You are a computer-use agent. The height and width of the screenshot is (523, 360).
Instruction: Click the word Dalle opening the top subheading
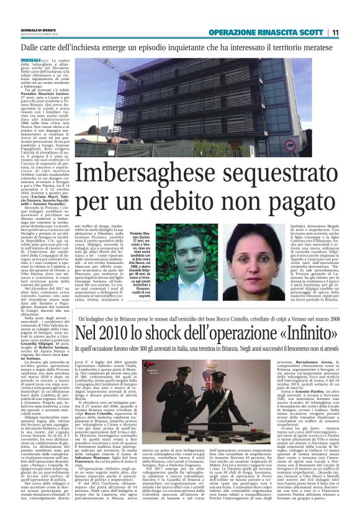(x=33, y=47)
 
